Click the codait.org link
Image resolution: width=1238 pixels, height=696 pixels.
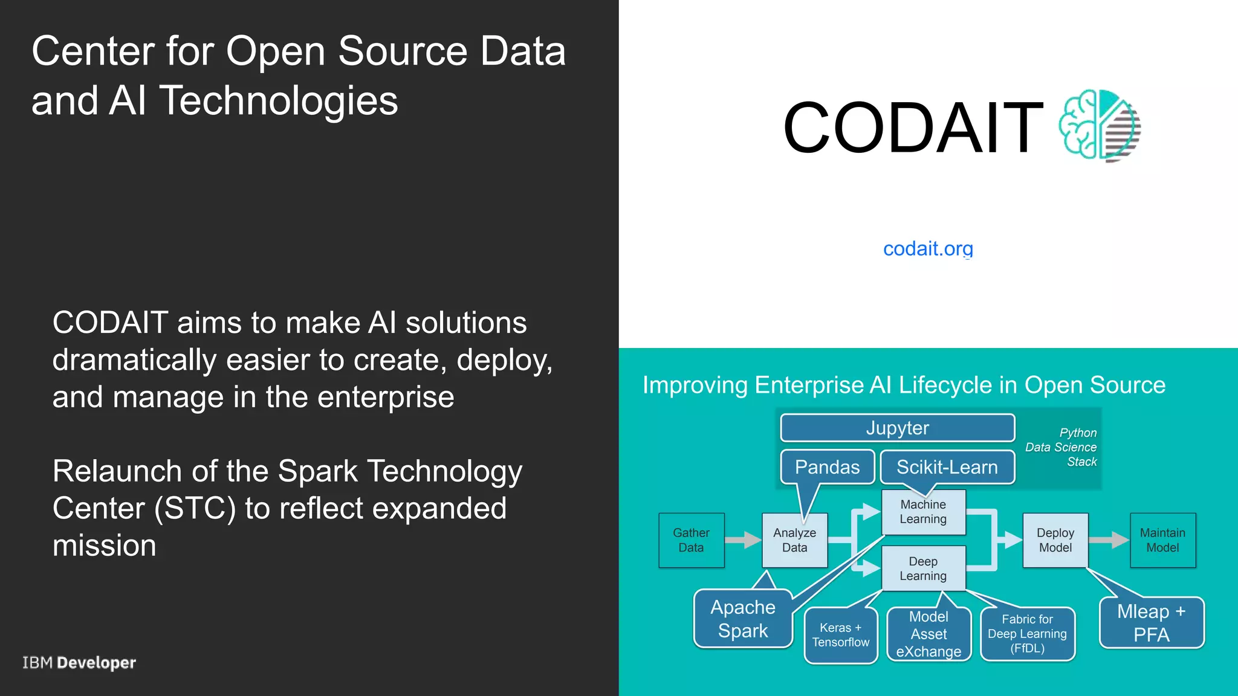click(x=928, y=248)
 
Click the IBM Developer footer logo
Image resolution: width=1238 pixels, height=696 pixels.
click(x=79, y=663)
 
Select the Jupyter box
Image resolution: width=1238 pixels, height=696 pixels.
click(x=897, y=428)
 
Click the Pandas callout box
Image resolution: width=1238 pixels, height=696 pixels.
click(x=827, y=467)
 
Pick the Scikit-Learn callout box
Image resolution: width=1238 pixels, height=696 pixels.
click(x=947, y=467)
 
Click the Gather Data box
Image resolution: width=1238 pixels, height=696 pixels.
click(x=691, y=540)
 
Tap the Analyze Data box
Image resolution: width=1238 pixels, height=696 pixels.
click(x=794, y=540)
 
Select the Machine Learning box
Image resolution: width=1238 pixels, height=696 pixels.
click(x=923, y=512)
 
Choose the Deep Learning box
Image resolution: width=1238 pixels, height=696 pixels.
click(x=923, y=569)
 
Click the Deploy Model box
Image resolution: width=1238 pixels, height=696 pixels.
click(x=1055, y=540)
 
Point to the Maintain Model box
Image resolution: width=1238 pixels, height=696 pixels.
click(x=1162, y=540)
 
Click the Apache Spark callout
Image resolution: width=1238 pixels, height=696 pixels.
click(x=743, y=619)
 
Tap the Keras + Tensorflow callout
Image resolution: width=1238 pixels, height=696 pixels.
click(x=840, y=635)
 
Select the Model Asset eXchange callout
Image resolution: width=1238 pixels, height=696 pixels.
click(x=928, y=634)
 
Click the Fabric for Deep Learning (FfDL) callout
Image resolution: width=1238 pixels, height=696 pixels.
click(x=1027, y=634)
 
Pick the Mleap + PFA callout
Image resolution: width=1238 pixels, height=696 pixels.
click(x=1151, y=623)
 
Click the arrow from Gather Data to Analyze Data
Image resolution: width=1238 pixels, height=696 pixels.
click(x=744, y=540)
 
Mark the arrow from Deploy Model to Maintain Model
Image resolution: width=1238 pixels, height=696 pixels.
click(x=1109, y=540)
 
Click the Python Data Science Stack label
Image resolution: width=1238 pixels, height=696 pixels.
click(x=1062, y=447)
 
